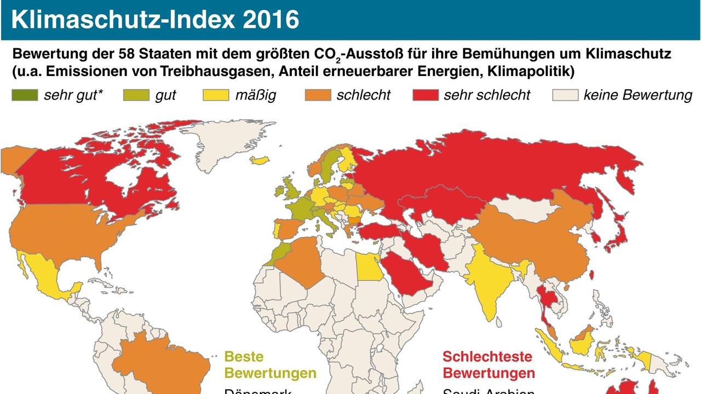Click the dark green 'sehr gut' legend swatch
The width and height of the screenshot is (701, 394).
click(25, 95)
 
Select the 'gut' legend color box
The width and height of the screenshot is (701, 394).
click(136, 95)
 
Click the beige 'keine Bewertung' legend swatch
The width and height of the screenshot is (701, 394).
click(565, 95)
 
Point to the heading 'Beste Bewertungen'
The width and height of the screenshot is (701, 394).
click(271, 365)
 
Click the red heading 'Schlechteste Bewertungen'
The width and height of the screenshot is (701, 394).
click(489, 365)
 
